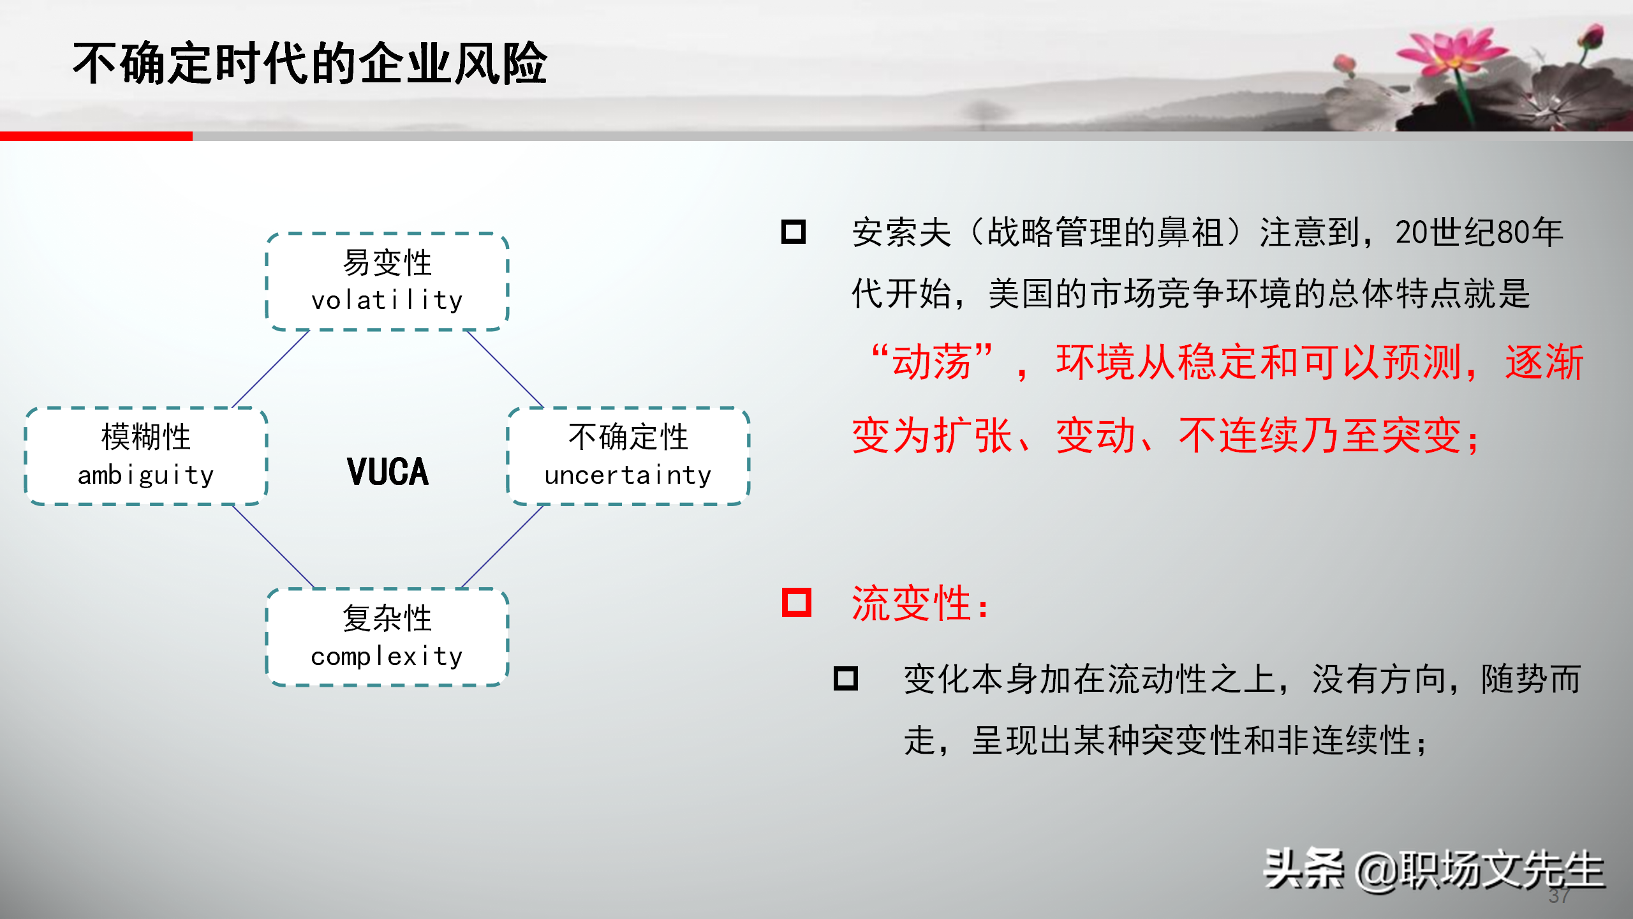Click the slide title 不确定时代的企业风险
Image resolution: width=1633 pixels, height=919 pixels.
(310, 63)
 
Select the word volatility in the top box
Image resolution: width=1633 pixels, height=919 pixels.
(387, 300)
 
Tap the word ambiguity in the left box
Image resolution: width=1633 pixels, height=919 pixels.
(145, 475)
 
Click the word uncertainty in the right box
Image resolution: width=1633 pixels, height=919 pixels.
(628, 475)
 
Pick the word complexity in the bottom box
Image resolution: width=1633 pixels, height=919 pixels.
(387, 656)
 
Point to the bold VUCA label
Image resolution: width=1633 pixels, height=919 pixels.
(388, 472)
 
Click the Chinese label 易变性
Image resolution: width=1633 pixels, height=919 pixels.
(387, 262)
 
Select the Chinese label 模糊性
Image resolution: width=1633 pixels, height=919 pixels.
(146, 437)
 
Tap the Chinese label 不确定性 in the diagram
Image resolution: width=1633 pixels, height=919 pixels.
(628, 437)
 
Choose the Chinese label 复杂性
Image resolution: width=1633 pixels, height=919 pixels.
(387, 618)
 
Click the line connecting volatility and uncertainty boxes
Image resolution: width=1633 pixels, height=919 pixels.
(505, 369)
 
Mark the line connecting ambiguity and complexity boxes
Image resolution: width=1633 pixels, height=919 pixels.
(273, 546)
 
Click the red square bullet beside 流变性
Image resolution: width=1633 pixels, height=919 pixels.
(797, 602)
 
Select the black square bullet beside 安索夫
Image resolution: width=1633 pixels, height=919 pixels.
(794, 232)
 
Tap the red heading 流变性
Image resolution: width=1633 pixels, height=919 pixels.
(920, 603)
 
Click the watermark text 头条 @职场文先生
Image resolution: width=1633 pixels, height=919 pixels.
(1434, 869)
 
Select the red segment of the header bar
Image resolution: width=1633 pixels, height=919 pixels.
(96, 136)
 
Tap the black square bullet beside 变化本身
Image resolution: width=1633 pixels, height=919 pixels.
(846, 678)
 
